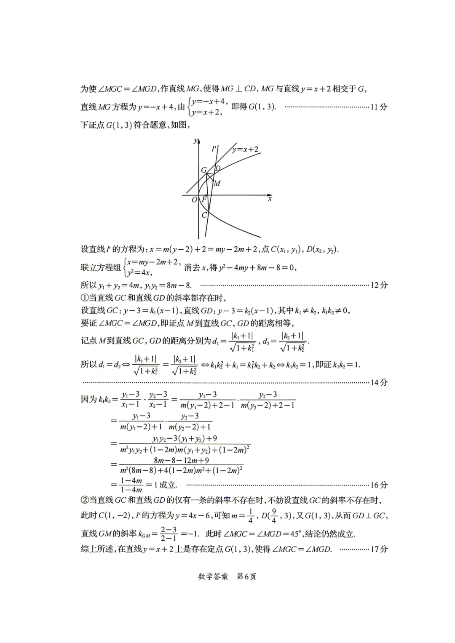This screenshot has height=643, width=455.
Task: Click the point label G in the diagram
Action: point(204,170)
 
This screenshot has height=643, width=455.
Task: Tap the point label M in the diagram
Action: point(217,184)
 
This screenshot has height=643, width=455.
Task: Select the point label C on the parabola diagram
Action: point(204,215)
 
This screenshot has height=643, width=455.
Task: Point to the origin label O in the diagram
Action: point(194,200)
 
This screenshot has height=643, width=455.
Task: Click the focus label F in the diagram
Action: point(204,199)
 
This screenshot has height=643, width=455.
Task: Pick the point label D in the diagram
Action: point(218,168)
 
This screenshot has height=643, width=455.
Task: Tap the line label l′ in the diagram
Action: point(214,149)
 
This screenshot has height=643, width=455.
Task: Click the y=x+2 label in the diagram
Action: point(245,149)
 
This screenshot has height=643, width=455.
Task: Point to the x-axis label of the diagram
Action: point(270,198)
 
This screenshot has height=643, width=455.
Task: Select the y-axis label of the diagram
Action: point(195,141)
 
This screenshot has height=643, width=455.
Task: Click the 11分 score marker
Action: point(379,107)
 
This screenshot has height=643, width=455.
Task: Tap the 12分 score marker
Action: point(379,285)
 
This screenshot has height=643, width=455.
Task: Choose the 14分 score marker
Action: point(379,382)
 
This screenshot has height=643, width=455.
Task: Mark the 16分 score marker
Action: point(379,485)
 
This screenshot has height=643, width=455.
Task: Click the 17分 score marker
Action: point(379,549)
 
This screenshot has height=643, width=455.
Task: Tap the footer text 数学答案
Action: point(213,576)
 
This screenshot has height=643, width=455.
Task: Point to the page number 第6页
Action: point(246,576)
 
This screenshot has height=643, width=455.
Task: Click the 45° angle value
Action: point(294,534)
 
